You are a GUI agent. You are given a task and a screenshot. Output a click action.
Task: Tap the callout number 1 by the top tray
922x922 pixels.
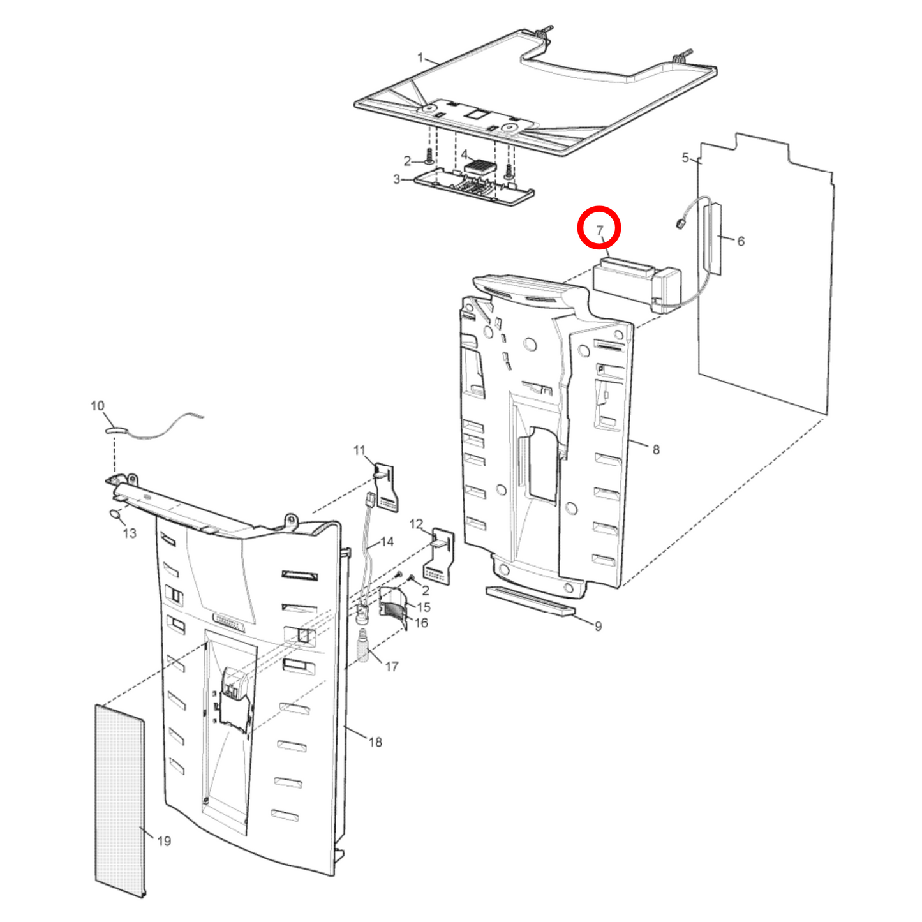tap(420, 58)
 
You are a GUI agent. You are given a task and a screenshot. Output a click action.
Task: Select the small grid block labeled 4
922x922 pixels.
tap(480, 167)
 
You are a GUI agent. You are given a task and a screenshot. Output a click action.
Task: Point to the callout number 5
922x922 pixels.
tap(685, 158)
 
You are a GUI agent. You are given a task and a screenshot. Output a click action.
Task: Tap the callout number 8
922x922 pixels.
tap(656, 449)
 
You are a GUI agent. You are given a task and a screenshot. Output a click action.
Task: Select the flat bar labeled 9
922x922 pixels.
tap(530, 602)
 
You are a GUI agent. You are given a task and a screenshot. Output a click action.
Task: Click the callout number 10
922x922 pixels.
tap(97, 406)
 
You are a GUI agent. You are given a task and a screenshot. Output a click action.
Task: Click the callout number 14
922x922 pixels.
tap(387, 542)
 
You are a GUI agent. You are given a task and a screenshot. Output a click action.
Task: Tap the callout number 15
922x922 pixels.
tap(424, 607)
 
